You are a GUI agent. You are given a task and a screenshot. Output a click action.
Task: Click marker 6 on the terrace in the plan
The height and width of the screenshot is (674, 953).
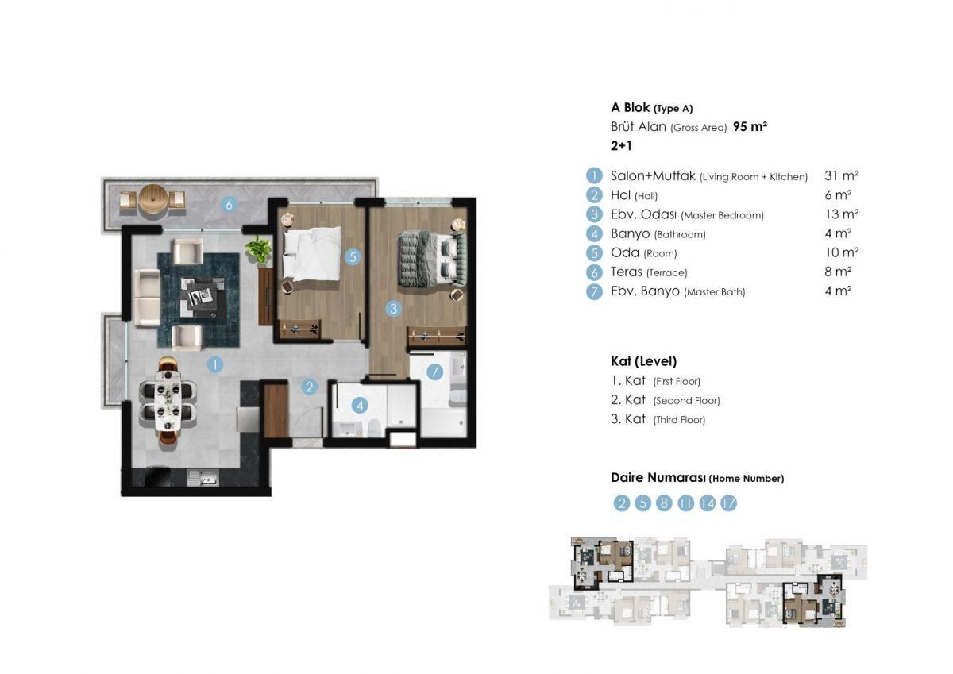(x=229, y=204)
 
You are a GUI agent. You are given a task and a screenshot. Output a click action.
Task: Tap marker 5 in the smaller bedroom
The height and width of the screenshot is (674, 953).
(x=353, y=256)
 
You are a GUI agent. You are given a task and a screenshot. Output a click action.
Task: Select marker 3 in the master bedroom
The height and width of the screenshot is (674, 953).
(x=393, y=309)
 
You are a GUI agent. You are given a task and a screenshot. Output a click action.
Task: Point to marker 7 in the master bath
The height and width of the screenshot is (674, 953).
(x=434, y=372)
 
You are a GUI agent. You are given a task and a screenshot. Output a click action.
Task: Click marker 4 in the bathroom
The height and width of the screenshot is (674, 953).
(x=360, y=406)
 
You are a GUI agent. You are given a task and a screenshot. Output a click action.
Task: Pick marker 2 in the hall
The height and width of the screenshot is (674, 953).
(x=310, y=387)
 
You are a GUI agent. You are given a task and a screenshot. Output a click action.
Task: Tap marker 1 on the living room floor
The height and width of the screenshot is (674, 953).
(x=214, y=365)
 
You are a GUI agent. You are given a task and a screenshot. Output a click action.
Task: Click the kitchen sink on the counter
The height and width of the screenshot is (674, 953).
(x=203, y=478)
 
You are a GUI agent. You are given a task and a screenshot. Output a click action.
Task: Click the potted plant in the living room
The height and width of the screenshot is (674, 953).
(x=258, y=249)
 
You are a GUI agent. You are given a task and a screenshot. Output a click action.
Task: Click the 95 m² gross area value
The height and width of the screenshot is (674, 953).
(x=750, y=127)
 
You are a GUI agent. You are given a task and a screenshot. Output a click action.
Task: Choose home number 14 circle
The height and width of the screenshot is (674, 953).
(x=707, y=503)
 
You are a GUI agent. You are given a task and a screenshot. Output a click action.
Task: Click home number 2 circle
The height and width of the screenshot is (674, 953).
(x=622, y=503)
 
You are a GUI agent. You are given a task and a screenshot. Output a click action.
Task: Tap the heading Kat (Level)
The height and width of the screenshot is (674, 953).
(x=643, y=361)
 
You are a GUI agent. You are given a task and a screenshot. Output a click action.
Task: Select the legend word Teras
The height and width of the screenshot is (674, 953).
(x=627, y=272)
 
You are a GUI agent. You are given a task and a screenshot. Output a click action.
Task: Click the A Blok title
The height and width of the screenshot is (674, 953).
(x=631, y=108)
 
